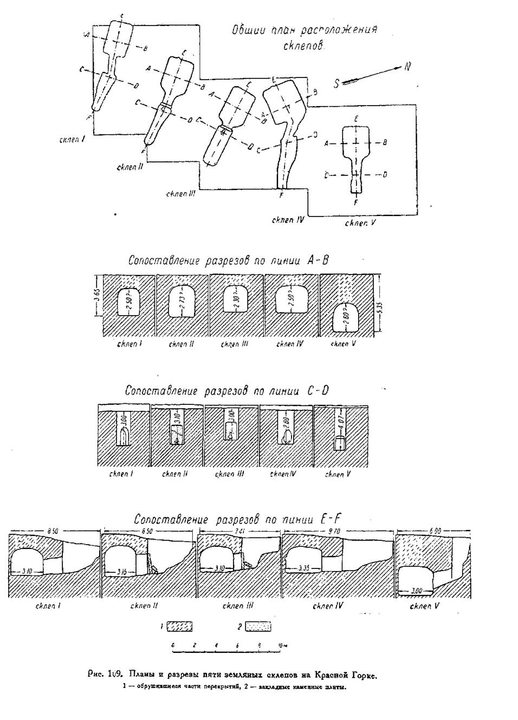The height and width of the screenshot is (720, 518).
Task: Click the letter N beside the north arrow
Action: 407,67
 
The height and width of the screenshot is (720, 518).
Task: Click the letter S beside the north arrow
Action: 336,84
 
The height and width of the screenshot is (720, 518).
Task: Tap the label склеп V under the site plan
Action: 360,222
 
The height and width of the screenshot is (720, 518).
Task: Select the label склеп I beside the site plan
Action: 72,139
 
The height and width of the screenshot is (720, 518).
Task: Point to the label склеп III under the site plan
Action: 180,193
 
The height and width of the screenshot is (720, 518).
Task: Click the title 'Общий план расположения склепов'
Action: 304,36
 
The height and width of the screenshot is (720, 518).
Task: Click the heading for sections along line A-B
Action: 228,260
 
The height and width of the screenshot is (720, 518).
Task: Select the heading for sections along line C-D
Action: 226,390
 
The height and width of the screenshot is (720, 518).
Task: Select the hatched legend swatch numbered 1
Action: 179,626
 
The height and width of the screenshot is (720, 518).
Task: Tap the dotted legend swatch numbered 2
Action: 262,626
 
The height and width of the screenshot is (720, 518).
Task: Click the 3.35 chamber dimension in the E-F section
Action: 307,568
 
